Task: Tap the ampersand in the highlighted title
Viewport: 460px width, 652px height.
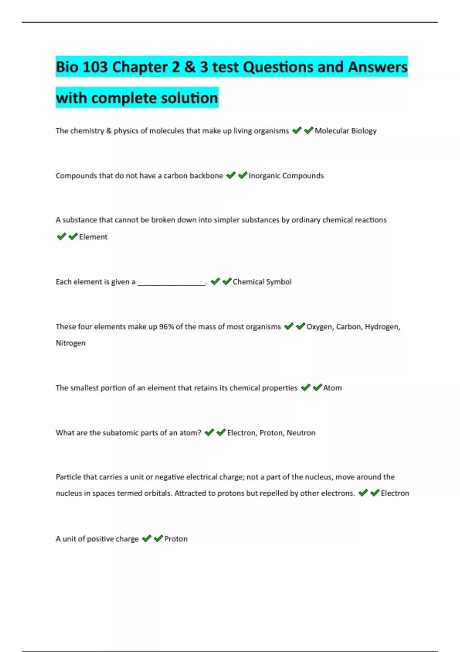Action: click(190, 67)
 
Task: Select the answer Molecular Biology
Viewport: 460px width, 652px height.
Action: click(345, 131)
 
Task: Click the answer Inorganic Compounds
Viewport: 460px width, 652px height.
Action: click(286, 176)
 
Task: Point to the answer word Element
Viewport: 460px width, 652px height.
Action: click(93, 237)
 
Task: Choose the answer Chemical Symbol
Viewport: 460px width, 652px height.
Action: click(262, 282)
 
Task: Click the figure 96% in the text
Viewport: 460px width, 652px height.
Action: click(166, 327)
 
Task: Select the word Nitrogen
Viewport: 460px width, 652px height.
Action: click(71, 343)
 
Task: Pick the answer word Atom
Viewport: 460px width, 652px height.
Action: click(332, 388)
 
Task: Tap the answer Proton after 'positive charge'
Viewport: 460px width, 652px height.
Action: click(176, 539)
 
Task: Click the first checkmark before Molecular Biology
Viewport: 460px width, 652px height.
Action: click(297, 131)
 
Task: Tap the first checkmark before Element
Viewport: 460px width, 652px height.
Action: click(61, 237)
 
